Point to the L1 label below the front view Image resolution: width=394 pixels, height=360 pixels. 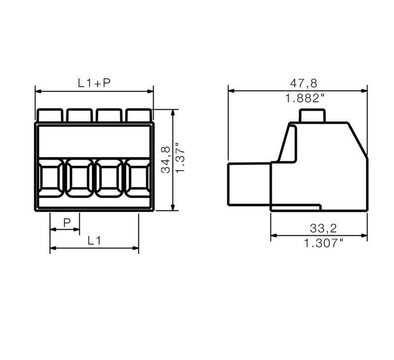click(x=94, y=241)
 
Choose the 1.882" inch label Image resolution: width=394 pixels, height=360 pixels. click(x=305, y=98)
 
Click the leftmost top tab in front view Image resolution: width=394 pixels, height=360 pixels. click(x=50, y=115)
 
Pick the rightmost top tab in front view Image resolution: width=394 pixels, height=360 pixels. click(x=138, y=115)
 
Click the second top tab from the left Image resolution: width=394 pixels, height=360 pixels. click(x=80, y=115)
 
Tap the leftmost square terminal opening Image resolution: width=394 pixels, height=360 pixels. click(x=50, y=178)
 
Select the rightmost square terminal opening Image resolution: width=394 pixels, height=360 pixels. click(x=138, y=178)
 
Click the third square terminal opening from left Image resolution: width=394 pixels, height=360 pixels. click(x=109, y=178)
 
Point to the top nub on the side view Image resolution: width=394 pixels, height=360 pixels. click(x=312, y=116)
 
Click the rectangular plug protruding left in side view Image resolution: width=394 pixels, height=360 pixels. click(x=249, y=184)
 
